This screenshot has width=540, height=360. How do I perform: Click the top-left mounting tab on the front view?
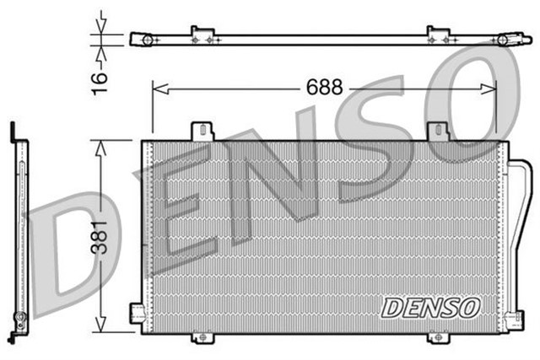[x=201, y=132]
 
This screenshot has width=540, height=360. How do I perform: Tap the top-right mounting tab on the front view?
[x=437, y=132]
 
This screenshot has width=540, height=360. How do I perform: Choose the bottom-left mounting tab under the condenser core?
[x=201, y=337]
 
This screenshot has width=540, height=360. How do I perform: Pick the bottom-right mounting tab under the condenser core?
[x=437, y=337]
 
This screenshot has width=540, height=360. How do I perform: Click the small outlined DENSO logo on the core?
[x=429, y=308]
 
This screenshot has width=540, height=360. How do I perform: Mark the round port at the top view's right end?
[x=504, y=39]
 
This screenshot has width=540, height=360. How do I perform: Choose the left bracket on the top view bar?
[x=201, y=35]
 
